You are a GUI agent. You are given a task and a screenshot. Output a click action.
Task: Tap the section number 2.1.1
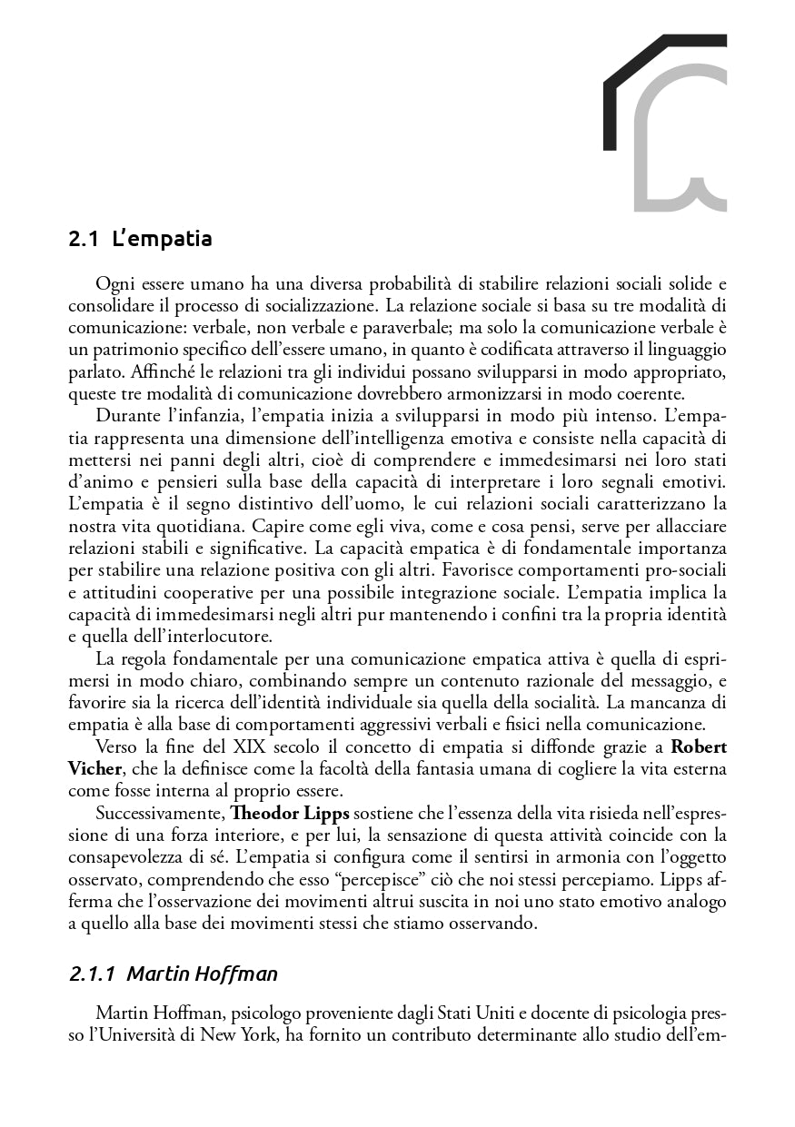[x=92, y=974]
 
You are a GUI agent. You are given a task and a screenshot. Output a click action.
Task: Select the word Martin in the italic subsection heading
[x=154, y=974]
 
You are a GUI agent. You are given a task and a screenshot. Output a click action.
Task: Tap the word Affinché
[x=164, y=371]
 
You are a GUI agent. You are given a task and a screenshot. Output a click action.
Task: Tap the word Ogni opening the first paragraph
[x=114, y=284]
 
